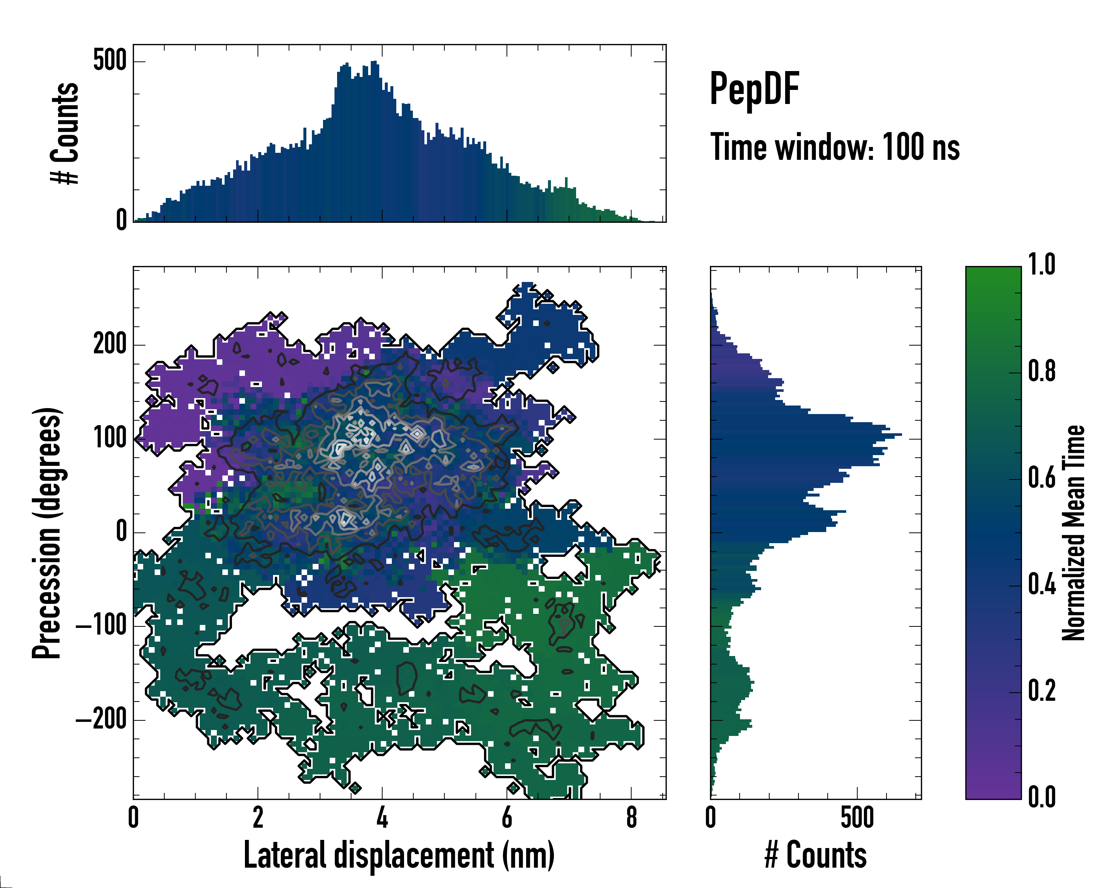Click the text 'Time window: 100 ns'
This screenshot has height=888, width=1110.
835,147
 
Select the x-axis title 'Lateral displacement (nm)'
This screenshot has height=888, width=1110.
399,855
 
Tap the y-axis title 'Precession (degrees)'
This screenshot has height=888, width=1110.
47,533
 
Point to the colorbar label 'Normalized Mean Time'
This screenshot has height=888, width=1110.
1073,533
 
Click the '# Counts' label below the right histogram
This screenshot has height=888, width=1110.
815,855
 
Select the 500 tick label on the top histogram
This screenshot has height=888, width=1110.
110,61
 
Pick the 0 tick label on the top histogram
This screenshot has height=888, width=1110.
121,220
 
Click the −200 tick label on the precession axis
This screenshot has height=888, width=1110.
101,719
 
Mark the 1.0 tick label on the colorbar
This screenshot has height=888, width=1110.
1042,265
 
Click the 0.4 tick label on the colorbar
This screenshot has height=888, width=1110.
1042,585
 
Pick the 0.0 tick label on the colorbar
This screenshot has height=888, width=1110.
1042,797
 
